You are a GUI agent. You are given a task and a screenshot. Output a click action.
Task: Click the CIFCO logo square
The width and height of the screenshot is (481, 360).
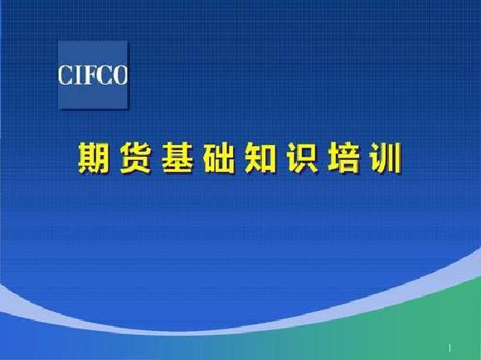[x=93, y=75]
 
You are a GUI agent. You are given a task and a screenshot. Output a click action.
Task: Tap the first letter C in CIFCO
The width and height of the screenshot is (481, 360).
[x=65, y=75]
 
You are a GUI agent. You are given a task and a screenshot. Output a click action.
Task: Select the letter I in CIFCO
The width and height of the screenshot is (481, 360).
[x=76, y=75]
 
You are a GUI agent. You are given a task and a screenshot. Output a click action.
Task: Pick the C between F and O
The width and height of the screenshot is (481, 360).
[x=104, y=75]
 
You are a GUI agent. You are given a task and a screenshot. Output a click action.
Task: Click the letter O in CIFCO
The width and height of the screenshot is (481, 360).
[x=119, y=75]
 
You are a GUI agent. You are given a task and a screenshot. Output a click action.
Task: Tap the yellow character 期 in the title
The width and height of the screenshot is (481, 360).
[x=94, y=158]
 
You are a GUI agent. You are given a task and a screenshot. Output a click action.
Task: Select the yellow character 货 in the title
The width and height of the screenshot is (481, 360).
[x=135, y=158]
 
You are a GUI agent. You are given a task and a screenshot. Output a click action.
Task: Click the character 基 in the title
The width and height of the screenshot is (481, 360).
[x=177, y=158]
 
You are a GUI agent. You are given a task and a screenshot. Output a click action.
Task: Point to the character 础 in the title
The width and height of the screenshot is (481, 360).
[x=219, y=158]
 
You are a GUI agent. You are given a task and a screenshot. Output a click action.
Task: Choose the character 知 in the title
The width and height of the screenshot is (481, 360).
[x=260, y=158]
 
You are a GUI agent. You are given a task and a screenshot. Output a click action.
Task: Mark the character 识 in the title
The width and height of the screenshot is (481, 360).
[x=302, y=158]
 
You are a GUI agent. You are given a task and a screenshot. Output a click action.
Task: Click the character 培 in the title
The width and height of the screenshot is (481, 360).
[x=344, y=158]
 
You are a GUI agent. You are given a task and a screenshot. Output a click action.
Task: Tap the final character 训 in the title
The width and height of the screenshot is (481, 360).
[x=386, y=158]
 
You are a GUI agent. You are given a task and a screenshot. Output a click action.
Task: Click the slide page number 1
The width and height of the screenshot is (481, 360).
[x=449, y=348]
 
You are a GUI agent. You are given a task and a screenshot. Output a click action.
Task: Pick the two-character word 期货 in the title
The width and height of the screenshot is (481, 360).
[x=114, y=158]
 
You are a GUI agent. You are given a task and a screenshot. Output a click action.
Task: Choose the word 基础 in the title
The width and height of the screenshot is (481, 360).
[x=198, y=158]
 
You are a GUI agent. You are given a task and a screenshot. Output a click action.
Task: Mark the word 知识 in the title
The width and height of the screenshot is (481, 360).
[x=282, y=158]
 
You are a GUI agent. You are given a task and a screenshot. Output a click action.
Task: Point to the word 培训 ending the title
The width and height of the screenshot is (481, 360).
[x=365, y=158]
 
